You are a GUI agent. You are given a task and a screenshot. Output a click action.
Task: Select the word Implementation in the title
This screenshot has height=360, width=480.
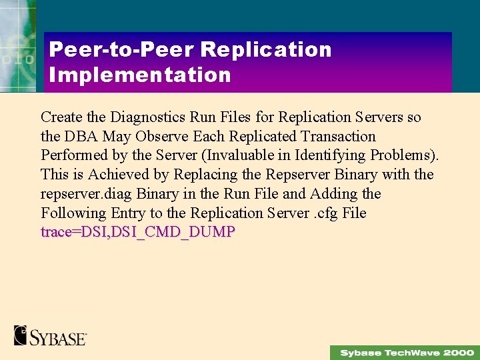point(140,75)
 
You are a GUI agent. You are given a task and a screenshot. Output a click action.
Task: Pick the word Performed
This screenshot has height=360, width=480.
point(73,156)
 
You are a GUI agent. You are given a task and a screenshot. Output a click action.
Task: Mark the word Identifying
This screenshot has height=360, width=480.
point(319,156)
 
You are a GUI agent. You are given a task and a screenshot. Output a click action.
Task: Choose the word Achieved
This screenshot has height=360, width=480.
point(128,175)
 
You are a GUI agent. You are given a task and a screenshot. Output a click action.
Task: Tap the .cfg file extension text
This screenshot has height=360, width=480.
point(323,214)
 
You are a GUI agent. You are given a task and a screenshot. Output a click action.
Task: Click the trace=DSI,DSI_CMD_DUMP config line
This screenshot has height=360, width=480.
point(138,233)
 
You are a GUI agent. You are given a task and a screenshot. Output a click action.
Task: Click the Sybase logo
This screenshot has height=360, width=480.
point(50,335)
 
